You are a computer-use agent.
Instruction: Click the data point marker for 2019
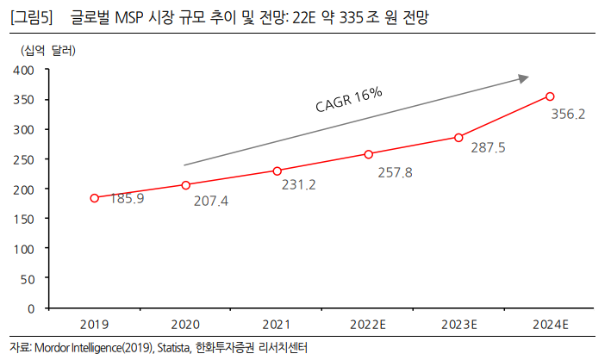(94, 198)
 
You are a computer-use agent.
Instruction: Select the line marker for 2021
(277, 171)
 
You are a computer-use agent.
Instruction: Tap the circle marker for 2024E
(550, 96)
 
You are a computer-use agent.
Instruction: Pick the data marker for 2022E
(368, 154)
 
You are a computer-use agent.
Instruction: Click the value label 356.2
(568, 114)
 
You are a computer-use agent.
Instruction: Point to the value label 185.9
(127, 199)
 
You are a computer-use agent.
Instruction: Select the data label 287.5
(488, 148)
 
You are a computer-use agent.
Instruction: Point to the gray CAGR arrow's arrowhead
(523, 78)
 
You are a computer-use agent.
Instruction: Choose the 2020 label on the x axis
(185, 325)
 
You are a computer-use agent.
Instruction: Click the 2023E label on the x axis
(459, 325)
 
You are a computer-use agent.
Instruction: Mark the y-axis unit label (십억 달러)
(48, 50)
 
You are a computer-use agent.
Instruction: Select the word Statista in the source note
(172, 348)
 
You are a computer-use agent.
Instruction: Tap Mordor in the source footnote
(53, 348)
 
